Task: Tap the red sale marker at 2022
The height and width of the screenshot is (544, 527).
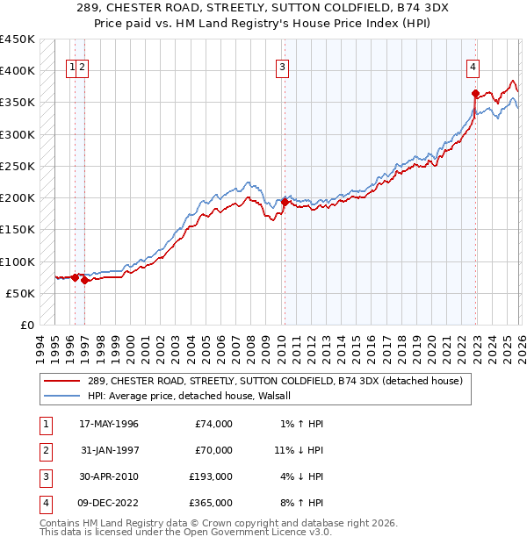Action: pyautogui.click(x=475, y=93)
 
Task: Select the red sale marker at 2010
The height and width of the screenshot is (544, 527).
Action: pyautogui.click(x=285, y=202)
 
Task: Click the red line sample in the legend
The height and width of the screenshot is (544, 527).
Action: pyautogui.click(x=61, y=381)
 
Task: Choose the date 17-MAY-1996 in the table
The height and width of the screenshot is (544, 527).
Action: pyautogui.click(x=109, y=424)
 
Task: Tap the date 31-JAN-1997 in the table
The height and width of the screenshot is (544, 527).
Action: pyautogui.click(x=109, y=450)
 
